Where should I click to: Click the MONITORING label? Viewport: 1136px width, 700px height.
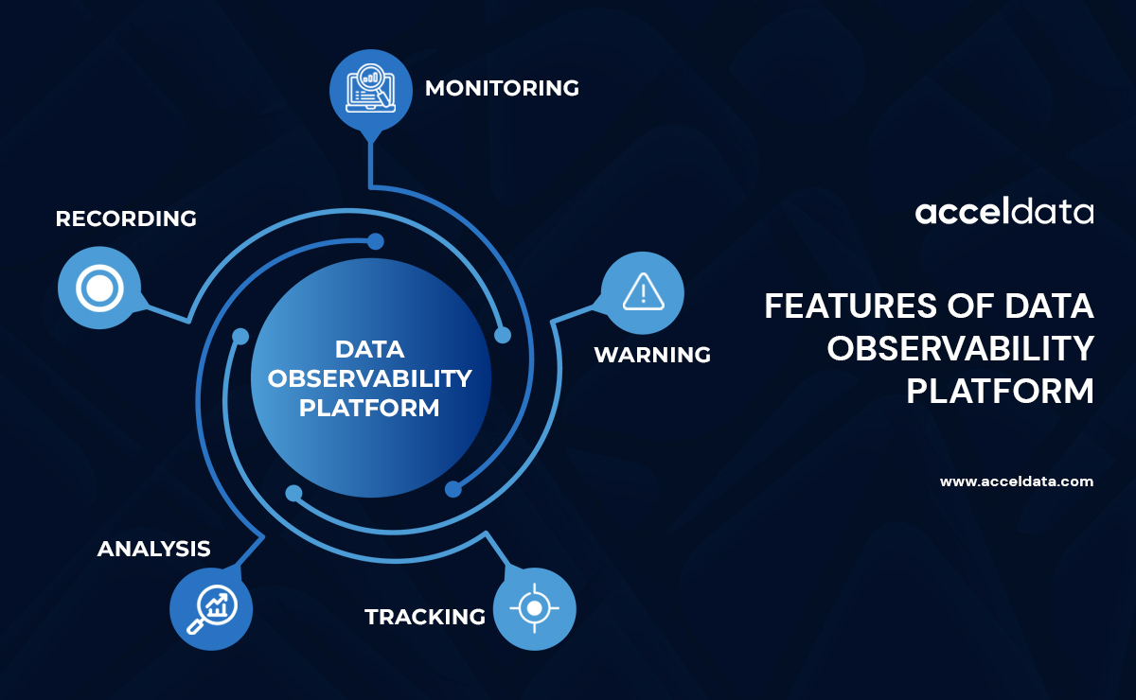[502, 88]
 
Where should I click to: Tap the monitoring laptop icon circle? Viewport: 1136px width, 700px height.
[370, 89]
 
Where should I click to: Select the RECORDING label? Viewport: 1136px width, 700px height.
[126, 219]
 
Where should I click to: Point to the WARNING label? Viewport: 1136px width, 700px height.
[652, 355]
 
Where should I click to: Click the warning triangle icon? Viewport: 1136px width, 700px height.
[644, 292]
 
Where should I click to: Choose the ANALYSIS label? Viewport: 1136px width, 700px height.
[153, 549]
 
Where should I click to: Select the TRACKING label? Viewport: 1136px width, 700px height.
[425, 617]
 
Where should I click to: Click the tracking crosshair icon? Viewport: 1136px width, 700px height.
[535, 607]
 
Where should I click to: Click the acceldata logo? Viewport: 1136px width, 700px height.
[1003, 212]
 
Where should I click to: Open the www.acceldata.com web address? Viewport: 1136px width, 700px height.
[1016, 481]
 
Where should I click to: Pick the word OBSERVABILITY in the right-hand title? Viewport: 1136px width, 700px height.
[960, 348]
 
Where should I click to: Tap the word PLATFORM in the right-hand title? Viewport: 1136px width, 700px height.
[1000, 391]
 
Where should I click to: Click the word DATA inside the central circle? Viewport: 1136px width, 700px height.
[370, 348]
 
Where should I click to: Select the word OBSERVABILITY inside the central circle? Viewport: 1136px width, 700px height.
[370, 378]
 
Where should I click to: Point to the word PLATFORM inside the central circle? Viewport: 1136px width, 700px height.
[370, 409]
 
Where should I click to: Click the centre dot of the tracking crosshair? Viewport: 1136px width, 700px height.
[535, 607]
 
